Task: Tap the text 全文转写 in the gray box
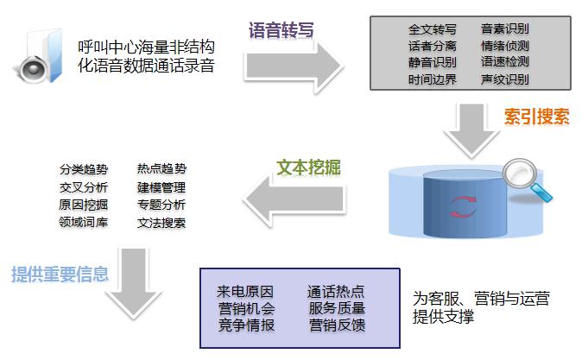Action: tap(432, 28)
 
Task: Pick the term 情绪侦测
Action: tap(505, 45)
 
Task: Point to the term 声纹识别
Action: tap(505, 79)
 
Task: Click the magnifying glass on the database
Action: tap(525, 180)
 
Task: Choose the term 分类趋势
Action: tap(84, 169)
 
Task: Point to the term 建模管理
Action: tap(161, 187)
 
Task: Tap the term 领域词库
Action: tap(84, 223)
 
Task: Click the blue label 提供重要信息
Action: tap(60, 275)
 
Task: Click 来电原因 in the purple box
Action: tap(245, 290)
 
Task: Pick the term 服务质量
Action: tap(337, 307)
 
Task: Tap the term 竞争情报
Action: tap(245, 325)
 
